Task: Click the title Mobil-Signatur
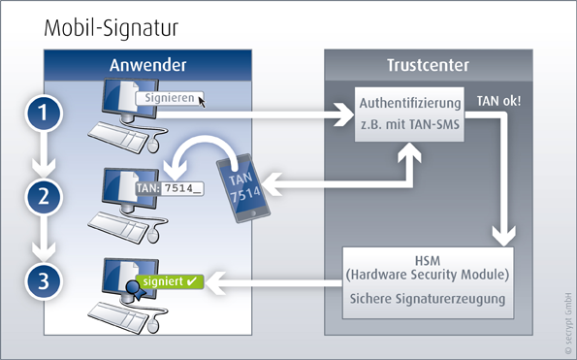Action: coord(112,28)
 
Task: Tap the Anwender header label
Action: coord(148,65)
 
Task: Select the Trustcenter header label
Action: coord(428,65)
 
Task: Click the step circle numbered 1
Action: coord(44,113)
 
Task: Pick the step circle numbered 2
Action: coord(44,197)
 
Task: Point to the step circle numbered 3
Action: coord(44,281)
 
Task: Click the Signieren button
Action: coord(170,98)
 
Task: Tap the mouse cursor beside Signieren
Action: coord(202,101)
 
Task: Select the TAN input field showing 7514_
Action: coord(182,188)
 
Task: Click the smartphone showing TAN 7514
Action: coord(243,188)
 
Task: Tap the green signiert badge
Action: coord(170,281)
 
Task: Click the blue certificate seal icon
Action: coord(135,289)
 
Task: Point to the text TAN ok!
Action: coord(499,101)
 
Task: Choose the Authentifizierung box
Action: coord(409,115)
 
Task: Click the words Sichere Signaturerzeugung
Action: coord(428,299)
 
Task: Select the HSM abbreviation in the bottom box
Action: coord(428,261)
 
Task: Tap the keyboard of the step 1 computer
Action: coord(118,138)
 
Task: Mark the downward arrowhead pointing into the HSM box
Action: coord(503,236)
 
